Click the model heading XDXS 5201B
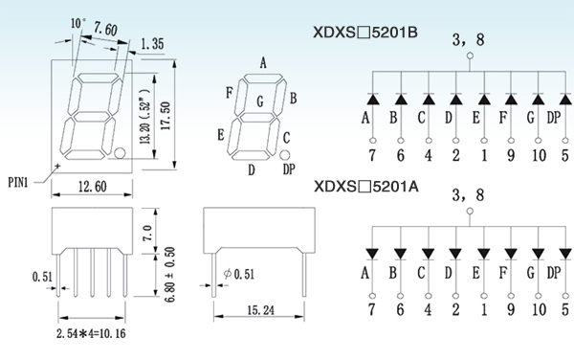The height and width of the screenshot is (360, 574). (365, 33)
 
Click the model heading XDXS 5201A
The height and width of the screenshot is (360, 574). (366, 187)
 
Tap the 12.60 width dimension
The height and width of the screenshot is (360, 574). (93, 187)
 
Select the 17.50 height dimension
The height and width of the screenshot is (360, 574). (166, 116)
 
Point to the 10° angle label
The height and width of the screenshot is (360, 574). (78, 23)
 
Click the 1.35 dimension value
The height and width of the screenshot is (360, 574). (152, 44)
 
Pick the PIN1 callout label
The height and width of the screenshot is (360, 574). (18, 182)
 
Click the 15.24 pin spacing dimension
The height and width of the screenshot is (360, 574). (260, 310)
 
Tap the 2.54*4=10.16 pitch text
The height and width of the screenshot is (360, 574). (91, 333)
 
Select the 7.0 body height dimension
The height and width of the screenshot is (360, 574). (147, 233)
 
